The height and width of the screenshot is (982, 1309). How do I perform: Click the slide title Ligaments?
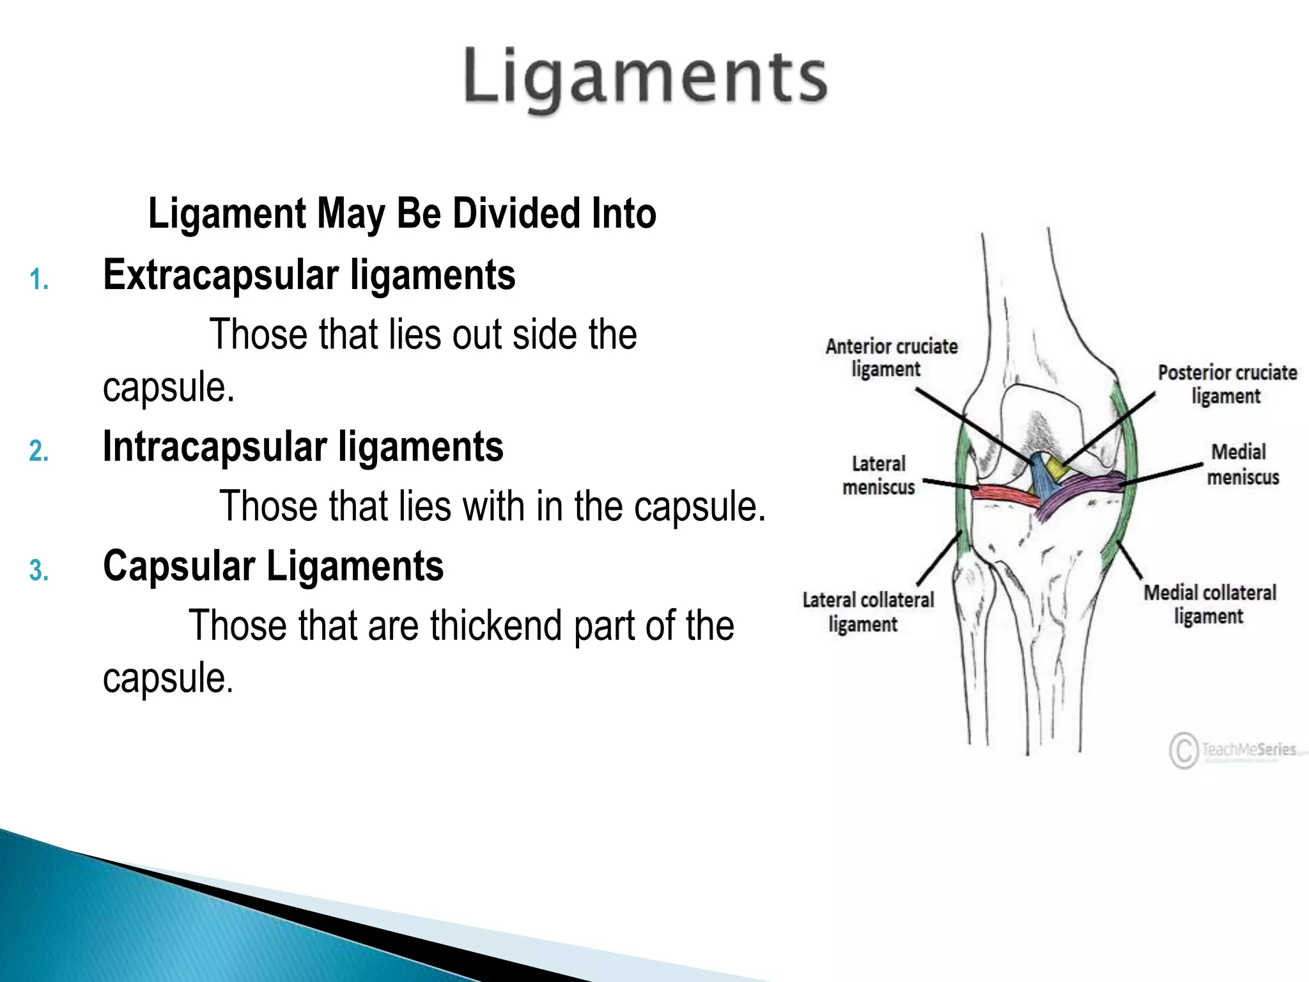click(646, 78)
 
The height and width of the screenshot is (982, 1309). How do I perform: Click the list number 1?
click(39, 280)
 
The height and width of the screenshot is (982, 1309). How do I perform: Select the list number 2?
click(39, 451)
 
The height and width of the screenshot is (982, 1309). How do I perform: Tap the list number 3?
click(39, 570)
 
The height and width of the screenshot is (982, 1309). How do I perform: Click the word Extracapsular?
click(221, 276)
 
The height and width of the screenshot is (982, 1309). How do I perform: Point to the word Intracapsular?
click(214, 446)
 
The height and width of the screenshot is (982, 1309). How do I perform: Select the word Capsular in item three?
click(179, 566)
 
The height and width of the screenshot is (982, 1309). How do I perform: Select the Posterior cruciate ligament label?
click(1227, 384)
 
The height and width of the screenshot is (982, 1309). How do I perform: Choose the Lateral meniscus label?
click(879, 476)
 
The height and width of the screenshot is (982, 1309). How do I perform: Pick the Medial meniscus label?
click(1241, 465)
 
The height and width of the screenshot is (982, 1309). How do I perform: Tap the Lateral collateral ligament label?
click(867, 612)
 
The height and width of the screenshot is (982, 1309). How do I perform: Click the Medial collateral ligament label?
click(1209, 604)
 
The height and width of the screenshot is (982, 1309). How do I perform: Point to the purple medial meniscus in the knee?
click(1080, 490)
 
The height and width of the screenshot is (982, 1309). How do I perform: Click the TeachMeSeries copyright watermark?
click(1234, 749)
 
